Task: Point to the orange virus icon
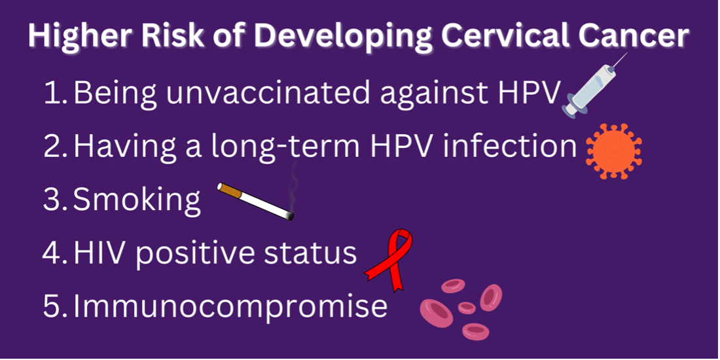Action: (x=614, y=151)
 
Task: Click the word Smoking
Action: (x=137, y=201)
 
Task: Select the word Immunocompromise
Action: (x=230, y=306)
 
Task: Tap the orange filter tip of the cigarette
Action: (x=230, y=189)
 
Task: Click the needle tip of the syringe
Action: (x=626, y=54)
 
